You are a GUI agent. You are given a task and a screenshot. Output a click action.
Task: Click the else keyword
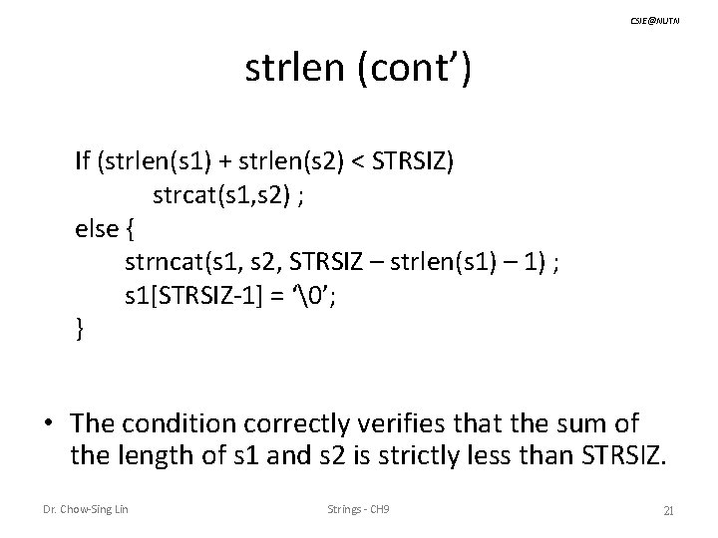click(x=96, y=230)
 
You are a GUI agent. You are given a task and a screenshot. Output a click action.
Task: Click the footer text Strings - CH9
click(x=359, y=511)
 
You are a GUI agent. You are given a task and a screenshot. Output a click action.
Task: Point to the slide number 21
click(x=669, y=511)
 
